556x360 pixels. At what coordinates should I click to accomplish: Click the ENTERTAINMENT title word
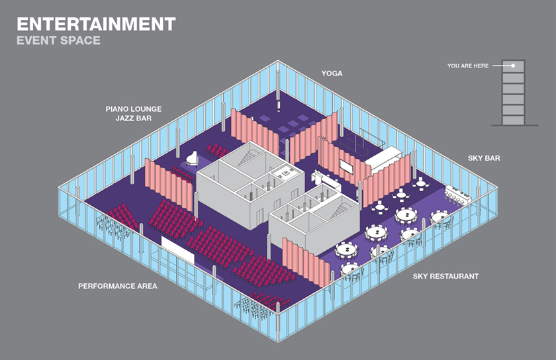96,24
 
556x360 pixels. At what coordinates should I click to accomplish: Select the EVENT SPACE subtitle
58,40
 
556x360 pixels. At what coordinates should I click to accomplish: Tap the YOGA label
332,73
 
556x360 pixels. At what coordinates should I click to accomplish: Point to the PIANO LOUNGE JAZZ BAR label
133,114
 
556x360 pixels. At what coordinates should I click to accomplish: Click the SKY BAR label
484,158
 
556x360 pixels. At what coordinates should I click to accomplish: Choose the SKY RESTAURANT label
445,277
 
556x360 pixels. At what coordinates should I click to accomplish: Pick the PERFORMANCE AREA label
118,287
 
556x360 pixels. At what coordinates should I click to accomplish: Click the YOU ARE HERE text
468,66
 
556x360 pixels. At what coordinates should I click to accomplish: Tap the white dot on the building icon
513,66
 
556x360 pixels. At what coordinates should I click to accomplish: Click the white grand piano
192,159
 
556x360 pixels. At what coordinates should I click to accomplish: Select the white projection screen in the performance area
177,250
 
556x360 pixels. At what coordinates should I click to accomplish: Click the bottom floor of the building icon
513,120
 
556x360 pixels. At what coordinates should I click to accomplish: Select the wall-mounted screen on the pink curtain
346,167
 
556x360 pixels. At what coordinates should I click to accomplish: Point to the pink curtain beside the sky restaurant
306,262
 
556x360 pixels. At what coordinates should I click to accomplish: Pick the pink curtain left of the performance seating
169,185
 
